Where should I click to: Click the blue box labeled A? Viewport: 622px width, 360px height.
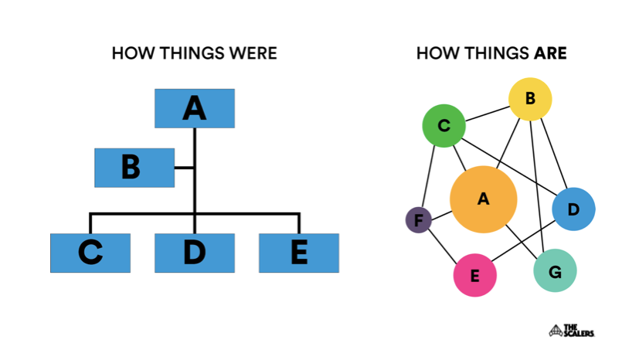195,108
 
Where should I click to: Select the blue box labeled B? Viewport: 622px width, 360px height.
134,168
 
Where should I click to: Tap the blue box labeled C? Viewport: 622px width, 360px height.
90,253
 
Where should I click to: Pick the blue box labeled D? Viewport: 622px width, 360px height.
195,253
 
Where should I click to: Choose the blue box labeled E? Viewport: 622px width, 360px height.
299,253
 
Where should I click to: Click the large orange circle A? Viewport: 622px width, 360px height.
483,199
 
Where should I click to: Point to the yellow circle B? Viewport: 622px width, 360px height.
530,99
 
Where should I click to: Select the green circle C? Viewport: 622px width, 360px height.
444,126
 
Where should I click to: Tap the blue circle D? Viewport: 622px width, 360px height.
573,209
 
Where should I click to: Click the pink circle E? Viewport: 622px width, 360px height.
475,275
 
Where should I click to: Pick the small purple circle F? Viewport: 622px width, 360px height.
419,219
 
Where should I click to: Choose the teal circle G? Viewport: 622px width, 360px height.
555,270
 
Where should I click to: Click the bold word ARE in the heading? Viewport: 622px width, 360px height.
551,53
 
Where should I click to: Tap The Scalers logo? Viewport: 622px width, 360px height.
572,331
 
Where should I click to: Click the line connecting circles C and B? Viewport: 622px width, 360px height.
488,114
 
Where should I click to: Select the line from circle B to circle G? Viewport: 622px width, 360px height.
537,185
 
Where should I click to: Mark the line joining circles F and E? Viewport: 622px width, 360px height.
442,246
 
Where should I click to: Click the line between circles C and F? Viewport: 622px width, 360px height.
428,176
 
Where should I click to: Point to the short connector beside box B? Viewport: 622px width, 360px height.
184,168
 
